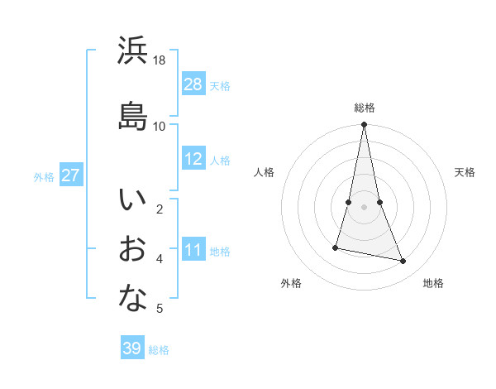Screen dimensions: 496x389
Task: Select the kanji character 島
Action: [x=133, y=116]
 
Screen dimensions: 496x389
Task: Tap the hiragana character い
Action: [x=133, y=200]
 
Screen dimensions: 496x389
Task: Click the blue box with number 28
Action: [x=193, y=84]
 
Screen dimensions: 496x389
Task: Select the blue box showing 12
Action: [x=193, y=159]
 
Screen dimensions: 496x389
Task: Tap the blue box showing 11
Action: [x=193, y=250]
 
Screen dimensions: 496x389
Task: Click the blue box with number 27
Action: [x=71, y=175]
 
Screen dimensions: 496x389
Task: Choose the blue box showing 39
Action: [x=132, y=348]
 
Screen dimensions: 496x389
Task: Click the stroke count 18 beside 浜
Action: [x=160, y=60]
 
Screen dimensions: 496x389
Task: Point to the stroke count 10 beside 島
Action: [x=160, y=126]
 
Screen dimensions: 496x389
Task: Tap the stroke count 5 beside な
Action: [x=160, y=309]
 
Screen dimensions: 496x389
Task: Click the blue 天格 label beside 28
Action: [x=220, y=85]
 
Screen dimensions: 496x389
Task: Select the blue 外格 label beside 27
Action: [x=44, y=176]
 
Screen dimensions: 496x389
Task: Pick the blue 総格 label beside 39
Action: [x=159, y=349]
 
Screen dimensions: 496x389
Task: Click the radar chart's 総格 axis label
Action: [x=365, y=108]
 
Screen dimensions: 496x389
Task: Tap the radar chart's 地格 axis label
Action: [x=433, y=283]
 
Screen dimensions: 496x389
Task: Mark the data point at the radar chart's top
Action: [x=365, y=125]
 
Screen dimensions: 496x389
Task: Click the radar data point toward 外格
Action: [x=336, y=247]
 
